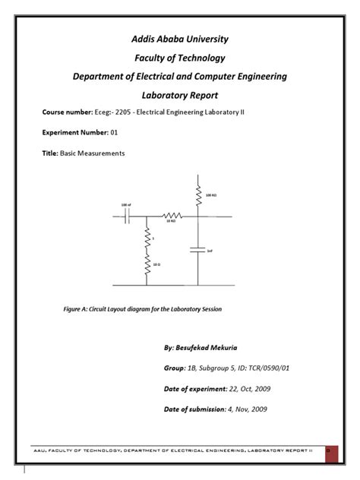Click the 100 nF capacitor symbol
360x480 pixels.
128,216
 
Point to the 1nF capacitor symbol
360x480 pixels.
198,251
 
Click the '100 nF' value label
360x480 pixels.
125,205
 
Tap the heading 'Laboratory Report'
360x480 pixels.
180,96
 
